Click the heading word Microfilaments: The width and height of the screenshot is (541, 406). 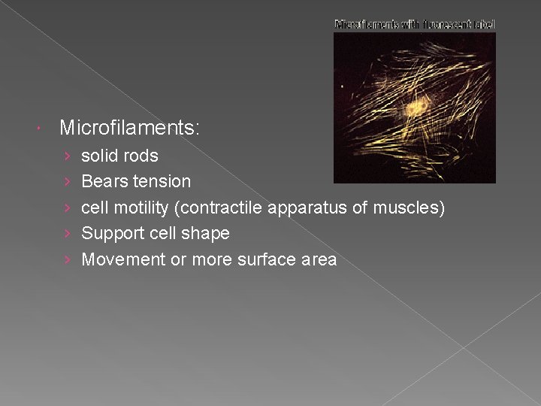tap(129, 129)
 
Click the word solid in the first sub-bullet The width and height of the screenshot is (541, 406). tap(98, 156)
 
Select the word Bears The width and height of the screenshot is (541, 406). tap(104, 181)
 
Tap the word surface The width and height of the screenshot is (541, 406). tap(262, 259)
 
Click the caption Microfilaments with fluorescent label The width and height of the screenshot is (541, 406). tap(415, 24)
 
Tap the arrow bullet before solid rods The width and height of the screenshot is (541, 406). tap(67, 156)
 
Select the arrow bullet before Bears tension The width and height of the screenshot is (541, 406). tap(67, 181)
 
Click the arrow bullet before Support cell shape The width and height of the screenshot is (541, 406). tap(67, 234)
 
